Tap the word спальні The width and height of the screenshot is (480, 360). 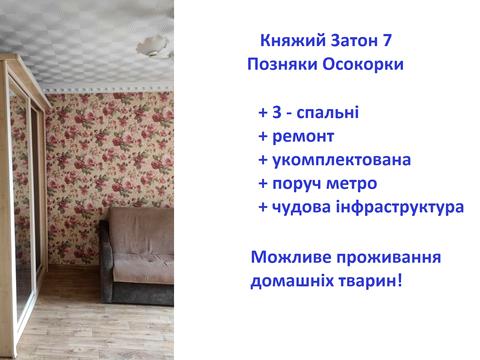click(x=326, y=112)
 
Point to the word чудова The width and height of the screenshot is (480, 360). click(x=306, y=207)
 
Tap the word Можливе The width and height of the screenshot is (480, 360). click(x=290, y=256)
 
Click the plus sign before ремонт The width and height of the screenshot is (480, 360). click(x=263, y=136)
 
